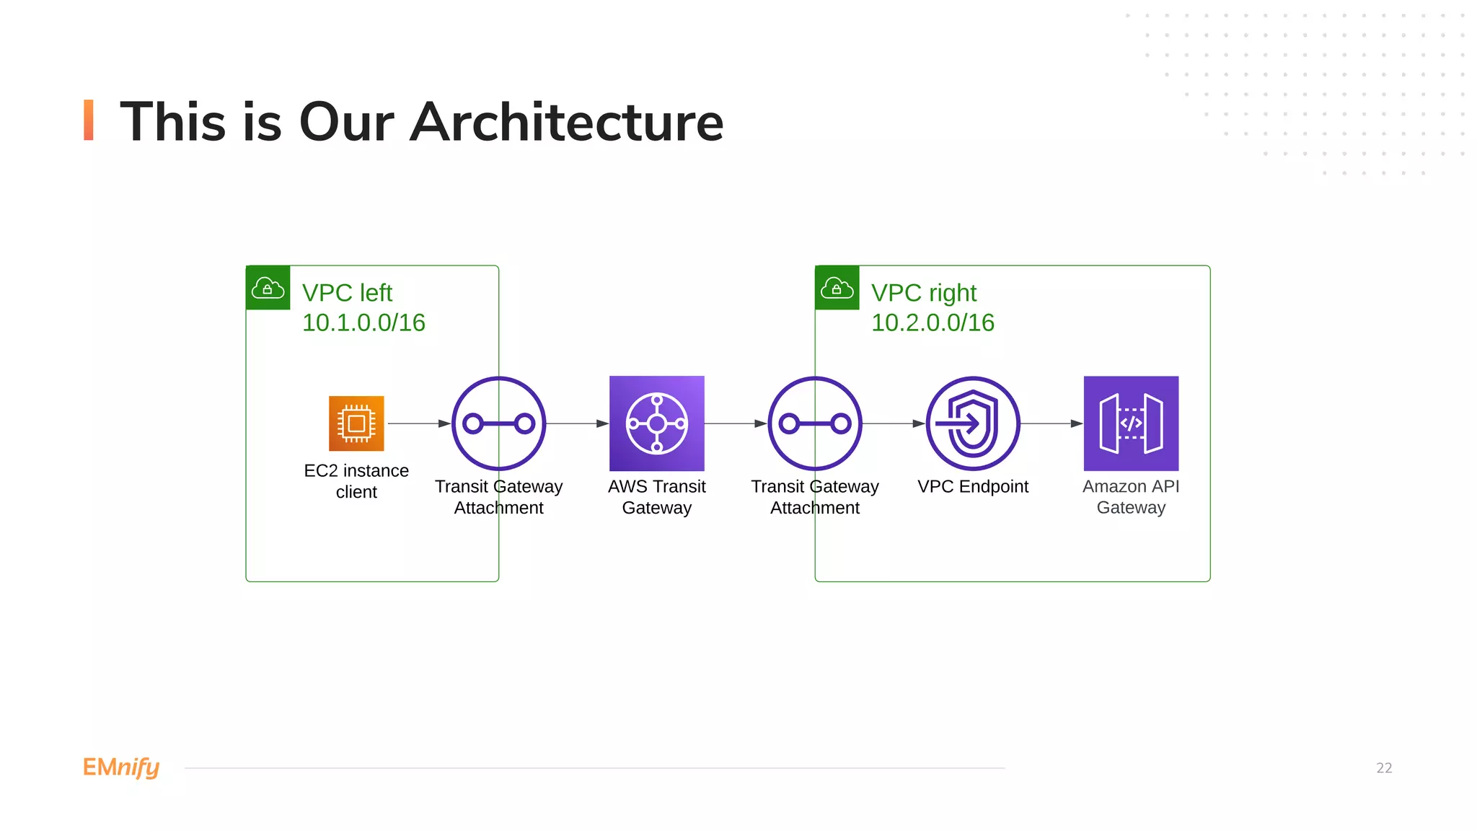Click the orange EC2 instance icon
(356, 423)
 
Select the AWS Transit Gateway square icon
(656, 423)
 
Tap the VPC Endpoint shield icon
(973, 423)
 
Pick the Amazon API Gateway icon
(1131, 423)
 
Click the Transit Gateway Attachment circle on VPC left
(498, 423)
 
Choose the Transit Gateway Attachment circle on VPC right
(815, 423)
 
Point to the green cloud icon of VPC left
(268, 288)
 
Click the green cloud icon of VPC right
(837, 288)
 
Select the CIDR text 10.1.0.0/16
(363, 322)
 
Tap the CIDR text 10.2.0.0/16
(933, 322)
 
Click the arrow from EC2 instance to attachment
(419, 423)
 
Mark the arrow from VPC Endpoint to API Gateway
(1051, 423)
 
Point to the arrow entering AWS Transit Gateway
(577, 423)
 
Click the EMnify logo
(121, 768)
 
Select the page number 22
(1384, 768)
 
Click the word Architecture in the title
(567, 122)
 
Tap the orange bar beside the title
(89, 120)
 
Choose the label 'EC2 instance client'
(356, 481)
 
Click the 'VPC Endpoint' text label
(973, 487)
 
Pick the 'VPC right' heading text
(924, 293)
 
